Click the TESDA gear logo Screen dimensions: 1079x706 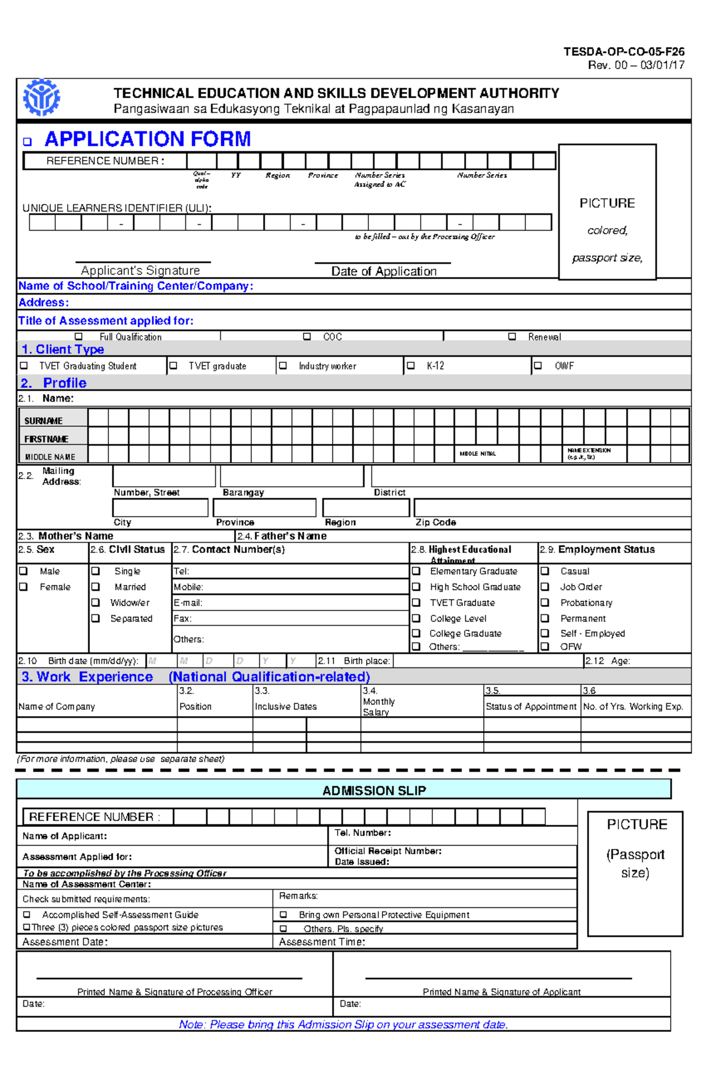pos(41,98)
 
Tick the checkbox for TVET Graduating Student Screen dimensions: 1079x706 pos(24,366)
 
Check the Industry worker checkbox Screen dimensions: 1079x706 pos(283,366)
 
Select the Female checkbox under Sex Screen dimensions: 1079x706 pos(24,587)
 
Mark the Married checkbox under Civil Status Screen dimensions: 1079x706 pos(96,587)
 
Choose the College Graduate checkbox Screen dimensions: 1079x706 pos(416,633)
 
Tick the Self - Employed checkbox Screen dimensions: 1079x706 pos(545,633)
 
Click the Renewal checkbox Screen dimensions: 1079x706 pos(512,337)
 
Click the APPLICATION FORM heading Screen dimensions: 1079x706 pos(148,139)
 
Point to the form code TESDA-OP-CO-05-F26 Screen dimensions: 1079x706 pos(624,52)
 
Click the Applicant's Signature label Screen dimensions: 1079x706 pos(141,270)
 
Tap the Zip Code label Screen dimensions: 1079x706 pos(435,522)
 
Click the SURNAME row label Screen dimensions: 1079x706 pos(44,421)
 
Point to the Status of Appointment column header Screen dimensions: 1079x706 pos(531,706)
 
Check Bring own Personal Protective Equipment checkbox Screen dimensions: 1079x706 pos(283,915)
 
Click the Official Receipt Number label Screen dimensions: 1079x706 pos(388,851)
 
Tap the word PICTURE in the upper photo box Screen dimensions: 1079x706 pos(607,203)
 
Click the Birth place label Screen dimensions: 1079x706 pos(367,661)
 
